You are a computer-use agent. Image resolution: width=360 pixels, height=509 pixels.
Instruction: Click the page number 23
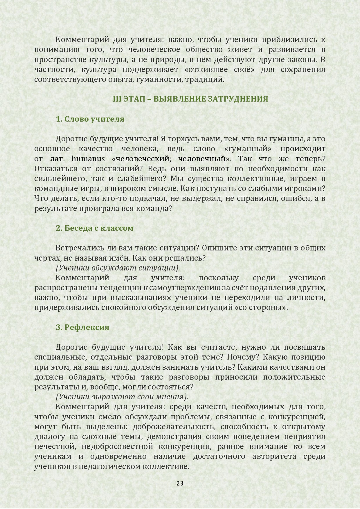click(180, 483)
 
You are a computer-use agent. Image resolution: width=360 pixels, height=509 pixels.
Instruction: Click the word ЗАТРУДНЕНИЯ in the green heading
click(238, 99)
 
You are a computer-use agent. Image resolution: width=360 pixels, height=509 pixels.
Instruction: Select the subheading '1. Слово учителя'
click(90, 119)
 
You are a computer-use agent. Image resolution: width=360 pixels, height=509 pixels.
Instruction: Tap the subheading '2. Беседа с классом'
click(95, 228)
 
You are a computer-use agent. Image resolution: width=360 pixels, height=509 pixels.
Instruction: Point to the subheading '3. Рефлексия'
click(82, 327)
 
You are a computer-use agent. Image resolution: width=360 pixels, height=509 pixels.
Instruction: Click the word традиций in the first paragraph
click(209, 80)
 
